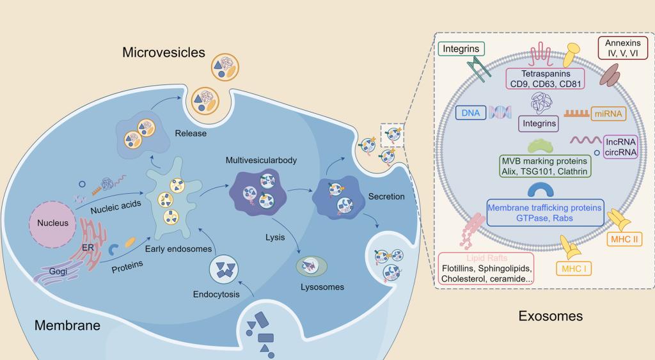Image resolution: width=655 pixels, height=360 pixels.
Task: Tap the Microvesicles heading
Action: pos(164,52)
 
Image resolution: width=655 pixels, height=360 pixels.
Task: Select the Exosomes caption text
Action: pos(550,315)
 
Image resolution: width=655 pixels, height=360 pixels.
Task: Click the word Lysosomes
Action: pos(322,287)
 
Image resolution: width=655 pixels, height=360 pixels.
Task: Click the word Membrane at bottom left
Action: pos(67,325)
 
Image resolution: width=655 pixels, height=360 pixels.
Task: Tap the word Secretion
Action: pos(386,196)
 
